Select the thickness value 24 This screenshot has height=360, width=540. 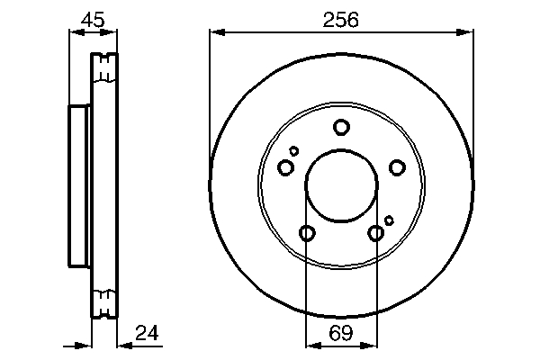tap(146, 334)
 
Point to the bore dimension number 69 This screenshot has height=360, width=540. tap(340, 334)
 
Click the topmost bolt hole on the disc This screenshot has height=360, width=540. tap(341, 127)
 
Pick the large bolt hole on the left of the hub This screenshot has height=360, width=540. tap(286, 167)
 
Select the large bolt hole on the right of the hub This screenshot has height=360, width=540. tap(396, 167)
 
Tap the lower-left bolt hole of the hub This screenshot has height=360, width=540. tap(307, 234)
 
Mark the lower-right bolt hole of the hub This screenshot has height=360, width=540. tap(376, 234)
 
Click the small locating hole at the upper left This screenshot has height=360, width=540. tap(294, 151)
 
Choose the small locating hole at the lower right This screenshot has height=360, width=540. tap(389, 220)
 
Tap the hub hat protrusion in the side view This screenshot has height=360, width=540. tap(79, 185)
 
